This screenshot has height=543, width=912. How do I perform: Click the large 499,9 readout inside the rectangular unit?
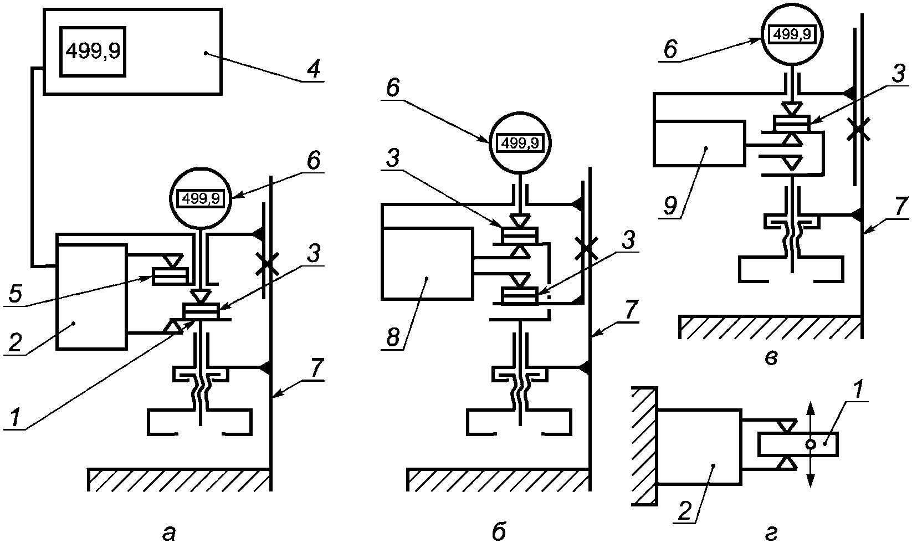click(x=93, y=52)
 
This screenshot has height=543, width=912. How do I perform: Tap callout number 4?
click(x=312, y=69)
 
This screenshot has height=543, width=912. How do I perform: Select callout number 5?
click(x=15, y=294)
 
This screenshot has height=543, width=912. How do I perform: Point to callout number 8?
click(x=393, y=337)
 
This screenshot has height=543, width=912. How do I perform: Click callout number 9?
click(x=670, y=206)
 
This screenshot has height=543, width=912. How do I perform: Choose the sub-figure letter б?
click(x=499, y=530)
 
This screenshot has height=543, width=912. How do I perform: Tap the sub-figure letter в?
click(x=771, y=358)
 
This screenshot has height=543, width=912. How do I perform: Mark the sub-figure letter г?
click(x=771, y=533)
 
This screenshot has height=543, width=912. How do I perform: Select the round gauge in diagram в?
click(x=792, y=34)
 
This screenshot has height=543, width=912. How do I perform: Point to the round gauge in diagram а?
click(x=201, y=199)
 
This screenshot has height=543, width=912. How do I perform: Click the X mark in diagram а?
click(x=267, y=264)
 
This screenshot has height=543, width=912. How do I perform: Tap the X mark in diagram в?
click(x=858, y=129)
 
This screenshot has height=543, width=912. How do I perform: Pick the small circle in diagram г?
click(x=810, y=444)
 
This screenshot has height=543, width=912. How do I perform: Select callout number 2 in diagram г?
click(x=685, y=511)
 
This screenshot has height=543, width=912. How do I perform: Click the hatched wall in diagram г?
click(x=644, y=446)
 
